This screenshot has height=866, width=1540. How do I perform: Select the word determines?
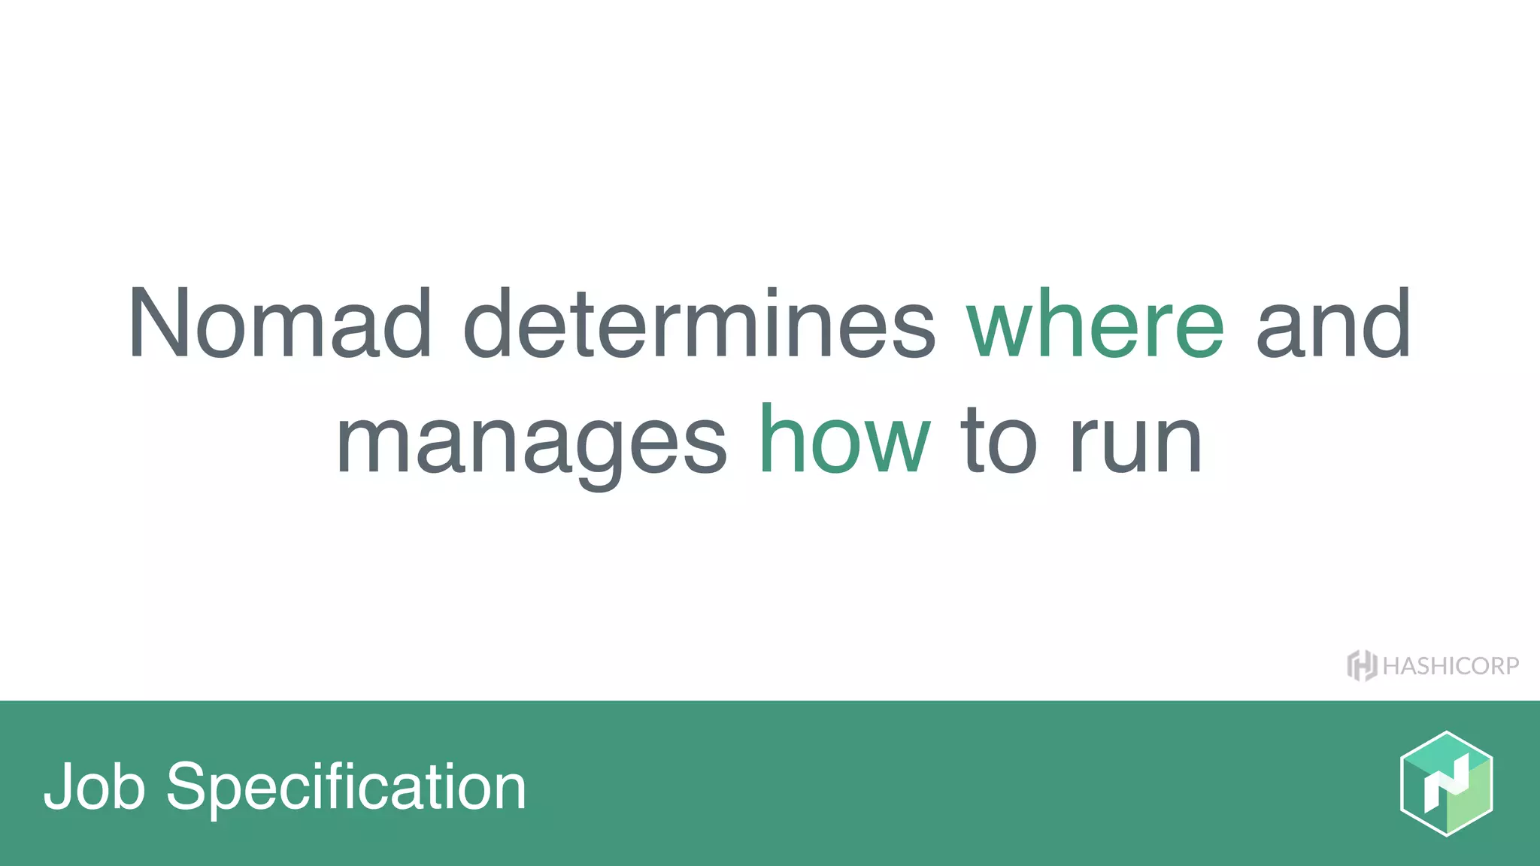(699, 323)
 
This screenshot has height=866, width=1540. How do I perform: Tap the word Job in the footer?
(94, 786)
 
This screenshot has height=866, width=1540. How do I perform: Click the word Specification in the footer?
(346, 788)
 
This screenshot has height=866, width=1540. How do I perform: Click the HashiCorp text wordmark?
(1451, 666)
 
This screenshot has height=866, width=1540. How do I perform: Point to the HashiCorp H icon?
(1361, 665)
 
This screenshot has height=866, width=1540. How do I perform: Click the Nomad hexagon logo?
(1446, 783)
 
